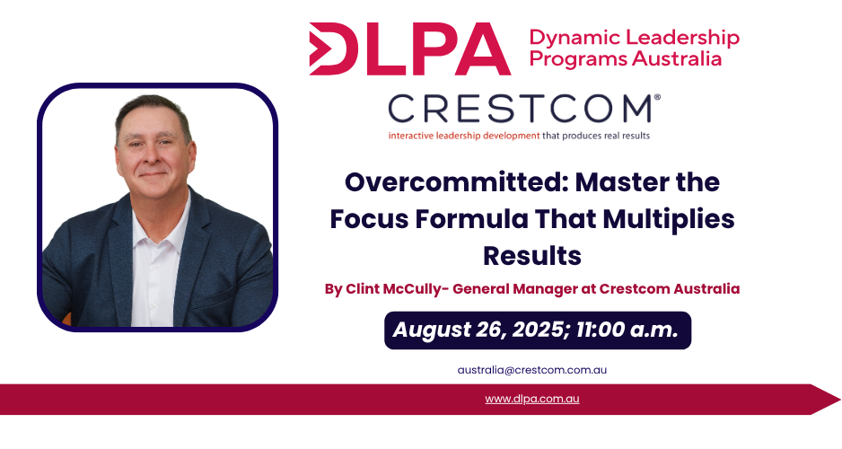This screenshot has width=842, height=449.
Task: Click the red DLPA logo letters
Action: pos(409,48)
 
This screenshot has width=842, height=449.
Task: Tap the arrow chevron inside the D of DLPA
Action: pos(320,48)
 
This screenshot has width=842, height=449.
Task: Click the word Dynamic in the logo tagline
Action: pos(575,38)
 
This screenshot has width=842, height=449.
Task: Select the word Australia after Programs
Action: pos(677,58)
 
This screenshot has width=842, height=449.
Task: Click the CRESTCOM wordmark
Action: pos(520,109)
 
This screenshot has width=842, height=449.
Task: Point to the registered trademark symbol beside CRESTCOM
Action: pos(657,97)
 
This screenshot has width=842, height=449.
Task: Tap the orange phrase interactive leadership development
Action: pos(464,136)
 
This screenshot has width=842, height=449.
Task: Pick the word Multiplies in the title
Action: pos(669,219)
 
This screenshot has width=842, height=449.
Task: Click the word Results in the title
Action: pos(532,256)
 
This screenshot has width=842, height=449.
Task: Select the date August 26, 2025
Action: pos(478,330)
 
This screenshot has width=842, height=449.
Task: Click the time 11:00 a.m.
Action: pos(627,330)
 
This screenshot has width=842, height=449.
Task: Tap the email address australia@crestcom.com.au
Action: pos(532,370)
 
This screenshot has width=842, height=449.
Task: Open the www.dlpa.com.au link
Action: pos(532,399)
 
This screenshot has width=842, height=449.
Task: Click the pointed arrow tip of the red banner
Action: pos(840,399)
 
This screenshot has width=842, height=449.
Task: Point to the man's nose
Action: pos(153,154)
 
